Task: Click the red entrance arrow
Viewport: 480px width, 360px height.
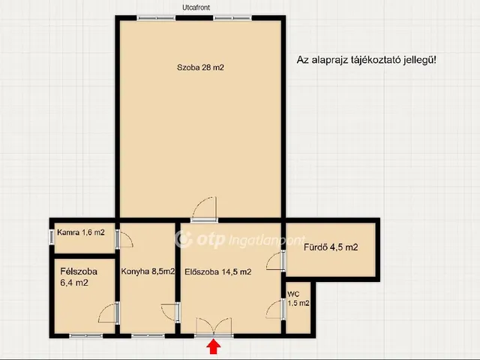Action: (x=213, y=348)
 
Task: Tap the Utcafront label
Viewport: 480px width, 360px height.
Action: (x=196, y=7)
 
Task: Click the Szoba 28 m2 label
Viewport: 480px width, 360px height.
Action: (x=200, y=67)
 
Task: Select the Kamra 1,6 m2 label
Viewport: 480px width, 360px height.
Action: (x=81, y=232)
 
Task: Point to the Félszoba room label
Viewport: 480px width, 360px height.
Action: (x=79, y=277)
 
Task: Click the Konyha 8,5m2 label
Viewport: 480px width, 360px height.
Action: (x=148, y=271)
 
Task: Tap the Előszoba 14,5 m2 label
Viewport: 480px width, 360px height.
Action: (x=218, y=271)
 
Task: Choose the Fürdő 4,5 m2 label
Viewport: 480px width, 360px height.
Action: (x=331, y=247)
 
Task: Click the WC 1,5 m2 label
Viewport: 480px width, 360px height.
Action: (x=298, y=298)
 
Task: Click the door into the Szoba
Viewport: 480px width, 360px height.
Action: (x=204, y=210)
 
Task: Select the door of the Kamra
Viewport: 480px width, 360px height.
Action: (x=124, y=238)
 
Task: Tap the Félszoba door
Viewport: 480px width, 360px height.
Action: (x=109, y=313)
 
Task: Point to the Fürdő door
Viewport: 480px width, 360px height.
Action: (x=276, y=261)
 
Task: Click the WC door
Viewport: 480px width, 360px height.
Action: (x=276, y=310)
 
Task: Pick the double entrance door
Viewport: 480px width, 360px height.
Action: (x=214, y=328)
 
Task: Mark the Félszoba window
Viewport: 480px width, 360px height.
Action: (x=86, y=336)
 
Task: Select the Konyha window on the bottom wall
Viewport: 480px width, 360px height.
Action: (x=148, y=336)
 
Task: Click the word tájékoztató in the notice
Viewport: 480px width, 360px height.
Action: (x=368, y=60)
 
